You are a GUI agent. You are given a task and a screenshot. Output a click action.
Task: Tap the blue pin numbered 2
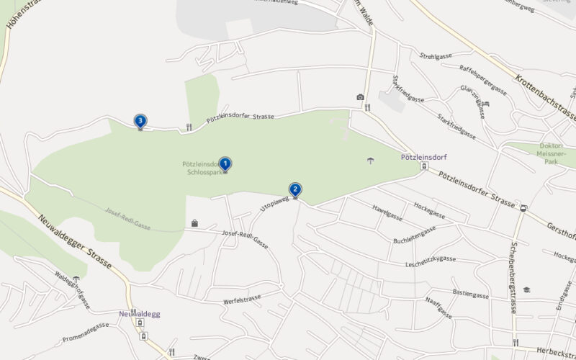point(295,190)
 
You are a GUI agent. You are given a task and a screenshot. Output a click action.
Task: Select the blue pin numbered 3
point(140,121)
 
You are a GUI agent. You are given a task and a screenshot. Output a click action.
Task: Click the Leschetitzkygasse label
point(431,259)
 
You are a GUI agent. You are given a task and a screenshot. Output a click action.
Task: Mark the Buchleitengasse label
point(415,235)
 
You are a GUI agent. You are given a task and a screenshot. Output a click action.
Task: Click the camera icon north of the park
point(360,97)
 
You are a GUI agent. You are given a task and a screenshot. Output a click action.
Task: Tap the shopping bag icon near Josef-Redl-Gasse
point(194,223)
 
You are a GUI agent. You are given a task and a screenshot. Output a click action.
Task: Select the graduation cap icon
point(527,289)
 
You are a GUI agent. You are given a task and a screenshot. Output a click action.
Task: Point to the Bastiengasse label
point(470,294)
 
